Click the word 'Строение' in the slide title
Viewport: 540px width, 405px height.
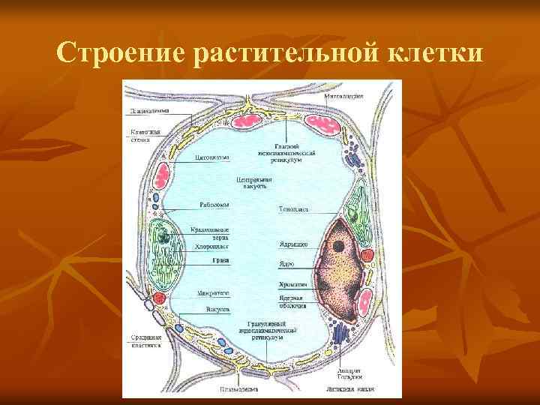tap(120, 53)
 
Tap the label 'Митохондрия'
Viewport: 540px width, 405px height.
tap(344, 96)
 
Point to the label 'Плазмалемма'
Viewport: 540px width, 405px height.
tap(148, 110)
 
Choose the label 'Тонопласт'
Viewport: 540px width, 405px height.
tap(294, 209)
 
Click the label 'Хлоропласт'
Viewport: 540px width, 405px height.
tap(211, 246)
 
